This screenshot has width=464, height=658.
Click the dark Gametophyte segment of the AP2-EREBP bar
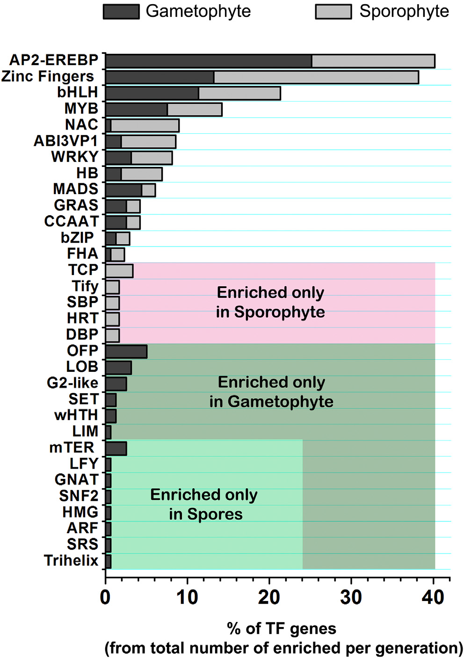point(208,61)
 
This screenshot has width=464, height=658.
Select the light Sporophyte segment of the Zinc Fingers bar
point(316,77)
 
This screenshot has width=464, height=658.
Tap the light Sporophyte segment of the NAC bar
point(145,125)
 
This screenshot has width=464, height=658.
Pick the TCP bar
point(119,271)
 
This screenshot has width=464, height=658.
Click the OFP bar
point(126,352)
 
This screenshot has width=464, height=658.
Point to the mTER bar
point(116,448)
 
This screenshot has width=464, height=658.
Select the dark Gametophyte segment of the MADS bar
point(123,190)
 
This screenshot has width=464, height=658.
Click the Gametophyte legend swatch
point(121,12)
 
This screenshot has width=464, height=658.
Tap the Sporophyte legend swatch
point(333,12)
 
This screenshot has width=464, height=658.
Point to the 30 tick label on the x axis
point(351,598)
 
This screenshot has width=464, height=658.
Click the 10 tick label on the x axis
point(187,598)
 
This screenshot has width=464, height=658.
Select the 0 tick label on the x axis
point(106,598)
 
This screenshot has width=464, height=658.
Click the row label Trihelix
point(71,560)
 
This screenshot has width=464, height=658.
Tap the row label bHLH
point(78,93)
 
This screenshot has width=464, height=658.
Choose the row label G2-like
point(72,383)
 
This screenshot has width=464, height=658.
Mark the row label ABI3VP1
point(66,141)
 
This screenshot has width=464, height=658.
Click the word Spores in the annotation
point(215,514)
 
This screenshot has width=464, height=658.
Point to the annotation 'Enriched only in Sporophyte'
point(270,302)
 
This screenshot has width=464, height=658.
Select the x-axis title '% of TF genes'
point(281,629)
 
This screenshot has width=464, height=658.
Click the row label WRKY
point(75,157)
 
